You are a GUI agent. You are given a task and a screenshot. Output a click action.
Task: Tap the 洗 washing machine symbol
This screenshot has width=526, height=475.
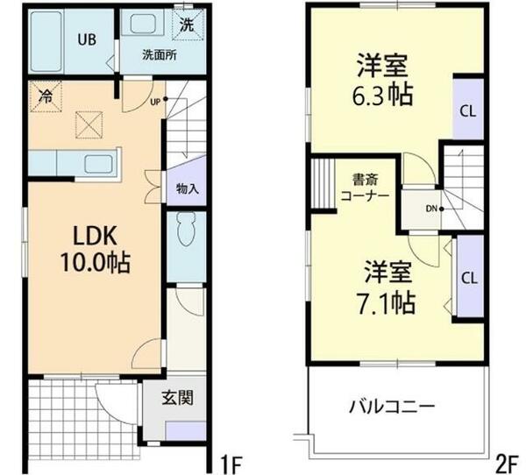point(188,25)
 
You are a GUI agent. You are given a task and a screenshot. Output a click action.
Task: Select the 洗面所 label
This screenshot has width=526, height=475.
point(160,53)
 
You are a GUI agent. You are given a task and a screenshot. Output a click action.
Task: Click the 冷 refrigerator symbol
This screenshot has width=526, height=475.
point(44,96)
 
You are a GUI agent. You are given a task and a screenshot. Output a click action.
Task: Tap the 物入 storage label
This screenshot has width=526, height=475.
point(187,188)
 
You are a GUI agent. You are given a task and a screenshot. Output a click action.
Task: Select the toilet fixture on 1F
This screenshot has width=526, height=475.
point(185,233)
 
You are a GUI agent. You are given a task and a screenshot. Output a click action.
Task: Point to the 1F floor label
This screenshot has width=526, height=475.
point(230,460)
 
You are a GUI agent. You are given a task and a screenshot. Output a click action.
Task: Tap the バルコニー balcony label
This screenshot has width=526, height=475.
point(392,408)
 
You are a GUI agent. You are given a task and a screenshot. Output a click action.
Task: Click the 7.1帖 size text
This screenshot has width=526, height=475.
point(386,302)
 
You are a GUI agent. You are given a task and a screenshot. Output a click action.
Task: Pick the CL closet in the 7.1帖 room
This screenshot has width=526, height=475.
point(469,280)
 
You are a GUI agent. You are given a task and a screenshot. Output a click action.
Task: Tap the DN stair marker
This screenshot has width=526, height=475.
point(432,209)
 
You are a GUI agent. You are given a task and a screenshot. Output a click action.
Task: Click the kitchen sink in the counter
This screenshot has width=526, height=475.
point(96,162)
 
